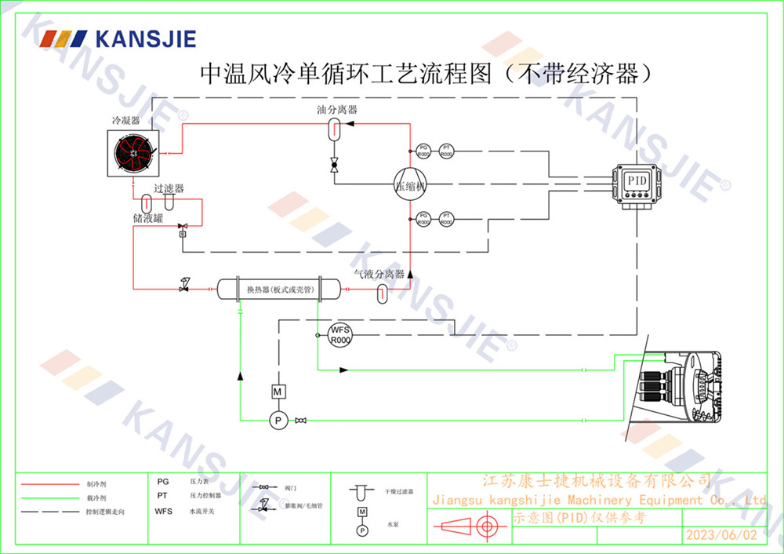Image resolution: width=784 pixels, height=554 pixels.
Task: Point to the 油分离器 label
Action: pyautogui.click(x=337, y=111)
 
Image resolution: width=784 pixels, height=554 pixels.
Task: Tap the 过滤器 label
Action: pyautogui.click(x=169, y=189)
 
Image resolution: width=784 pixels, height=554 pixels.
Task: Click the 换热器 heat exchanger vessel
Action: pyautogui.click(x=270, y=290)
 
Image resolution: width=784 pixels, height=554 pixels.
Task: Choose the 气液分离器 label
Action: pyautogui.click(x=379, y=275)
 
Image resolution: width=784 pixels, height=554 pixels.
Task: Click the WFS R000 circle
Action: pyautogui.click(x=339, y=335)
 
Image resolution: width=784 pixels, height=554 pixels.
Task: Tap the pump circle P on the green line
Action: pyautogui.click(x=276, y=421)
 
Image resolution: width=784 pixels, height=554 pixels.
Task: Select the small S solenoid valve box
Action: pyautogui.click(x=182, y=234)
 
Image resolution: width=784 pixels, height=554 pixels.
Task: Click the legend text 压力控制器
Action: pyautogui.click(x=205, y=496)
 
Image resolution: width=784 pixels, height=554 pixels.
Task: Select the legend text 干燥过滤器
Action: pyautogui.click(x=399, y=491)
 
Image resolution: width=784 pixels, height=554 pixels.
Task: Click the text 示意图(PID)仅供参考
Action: pyautogui.click(x=580, y=518)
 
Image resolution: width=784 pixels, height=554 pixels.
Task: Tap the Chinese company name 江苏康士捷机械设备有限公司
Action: pyautogui.click(x=596, y=481)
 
